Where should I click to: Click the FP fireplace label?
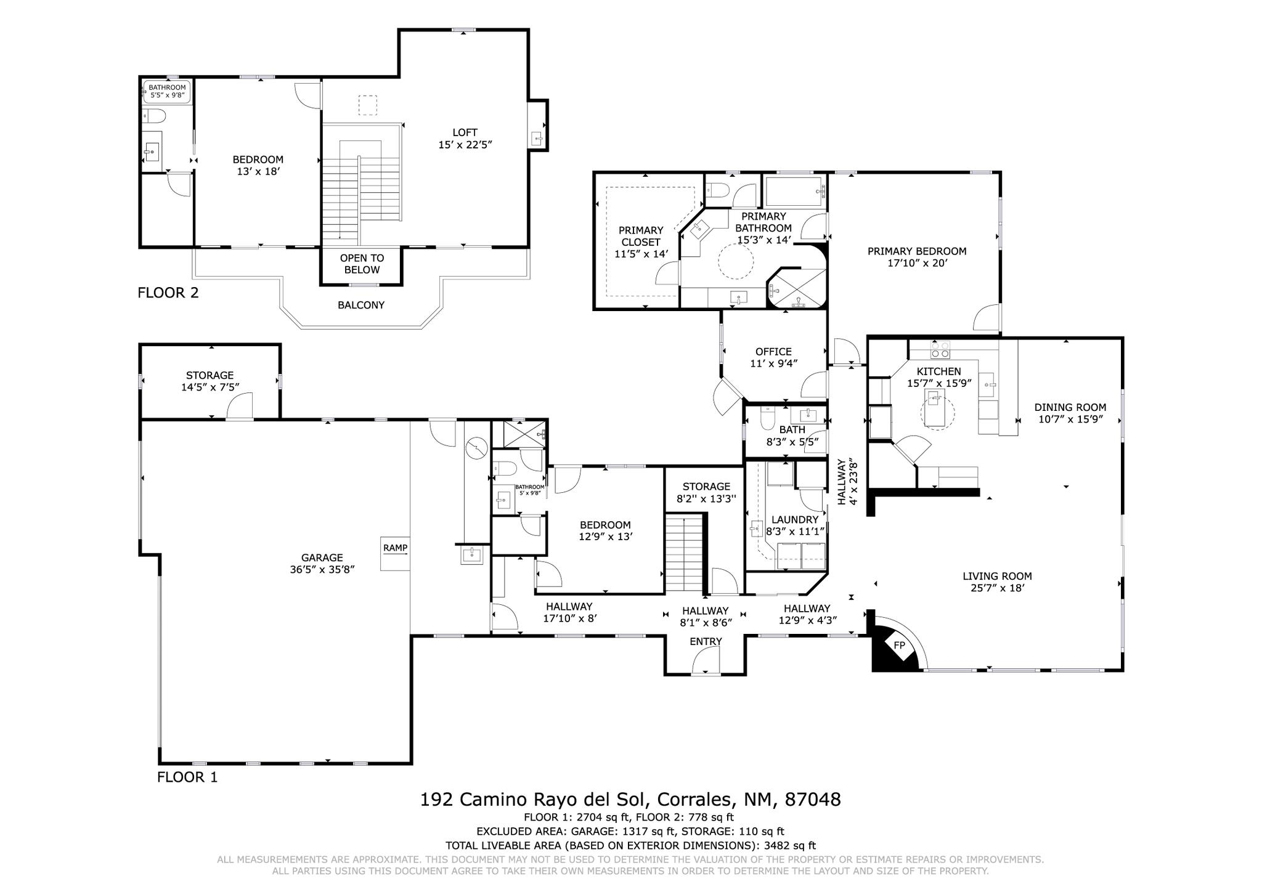[900, 646]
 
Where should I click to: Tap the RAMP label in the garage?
[395, 548]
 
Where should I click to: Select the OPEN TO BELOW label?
[362, 264]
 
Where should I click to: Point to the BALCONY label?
[361, 305]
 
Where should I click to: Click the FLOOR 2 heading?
[168, 293]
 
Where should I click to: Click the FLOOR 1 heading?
[187, 777]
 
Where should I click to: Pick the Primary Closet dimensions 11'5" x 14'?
[641, 253]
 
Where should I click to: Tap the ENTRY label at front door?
[706, 641]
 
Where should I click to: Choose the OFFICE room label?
[773, 352]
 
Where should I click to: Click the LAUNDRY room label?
[794, 519]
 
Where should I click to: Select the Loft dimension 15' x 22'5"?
[465, 145]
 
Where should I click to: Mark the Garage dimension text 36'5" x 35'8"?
[322, 570]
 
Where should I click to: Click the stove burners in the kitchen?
[940, 350]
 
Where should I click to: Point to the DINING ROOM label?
[1070, 407]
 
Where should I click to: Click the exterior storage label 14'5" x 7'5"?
[210, 387]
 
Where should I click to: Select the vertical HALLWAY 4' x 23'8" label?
[847, 481]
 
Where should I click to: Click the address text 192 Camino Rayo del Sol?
[534, 800]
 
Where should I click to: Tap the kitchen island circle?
[937, 413]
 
